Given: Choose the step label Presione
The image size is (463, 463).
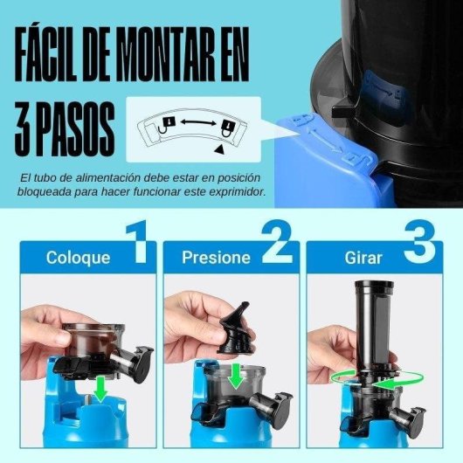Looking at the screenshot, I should point(216,258).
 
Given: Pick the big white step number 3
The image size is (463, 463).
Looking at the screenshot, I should point(418,245).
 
